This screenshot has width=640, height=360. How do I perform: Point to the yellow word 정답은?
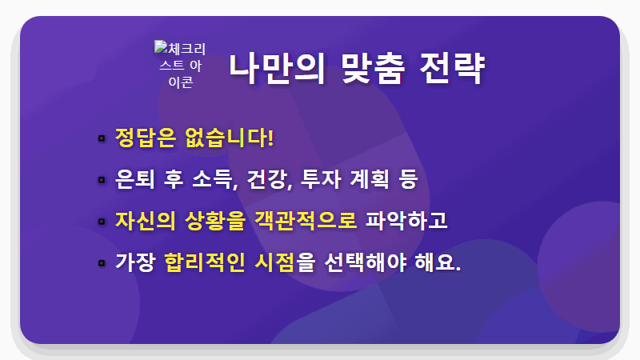pyautogui.click(x=145, y=137)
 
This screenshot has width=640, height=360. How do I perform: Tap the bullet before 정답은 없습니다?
pyautogui.click(x=102, y=138)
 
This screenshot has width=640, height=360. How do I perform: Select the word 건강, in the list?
pyautogui.click(x=268, y=178)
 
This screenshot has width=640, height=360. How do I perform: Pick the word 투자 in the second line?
pyautogui.click(x=319, y=178)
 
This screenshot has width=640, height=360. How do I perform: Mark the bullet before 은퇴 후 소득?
pyautogui.click(x=102, y=180)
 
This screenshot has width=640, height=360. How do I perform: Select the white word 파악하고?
pyautogui.click(x=406, y=220)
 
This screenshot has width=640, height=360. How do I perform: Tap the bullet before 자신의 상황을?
pyautogui.click(x=102, y=222)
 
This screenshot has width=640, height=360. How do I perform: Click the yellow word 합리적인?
pyautogui.click(x=204, y=262)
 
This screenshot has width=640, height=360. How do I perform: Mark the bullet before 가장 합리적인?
pyautogui.click(x=102, y=263)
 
